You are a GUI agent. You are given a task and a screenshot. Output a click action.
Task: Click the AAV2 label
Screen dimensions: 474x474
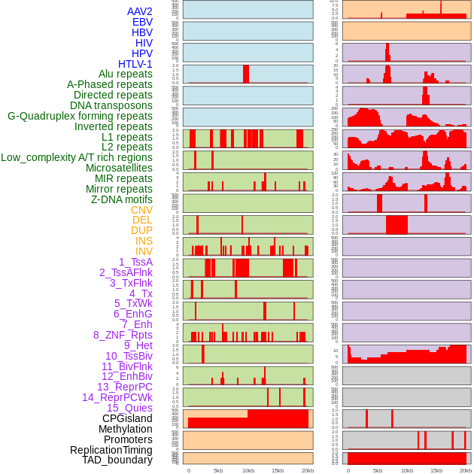tap(140, 11)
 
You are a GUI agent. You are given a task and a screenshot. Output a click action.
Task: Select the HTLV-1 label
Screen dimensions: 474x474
tap(135, 64)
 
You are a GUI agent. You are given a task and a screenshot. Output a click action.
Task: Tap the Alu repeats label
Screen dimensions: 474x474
tap(126, 74)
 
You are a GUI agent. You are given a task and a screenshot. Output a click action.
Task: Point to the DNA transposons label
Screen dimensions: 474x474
tap(111, 105)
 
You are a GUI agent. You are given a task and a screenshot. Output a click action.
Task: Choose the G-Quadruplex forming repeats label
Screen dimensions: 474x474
tap(80, 116)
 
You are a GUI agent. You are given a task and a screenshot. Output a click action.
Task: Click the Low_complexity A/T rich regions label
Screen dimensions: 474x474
tap(77, 157)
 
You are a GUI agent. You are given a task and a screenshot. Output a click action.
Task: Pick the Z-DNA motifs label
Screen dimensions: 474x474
tap(122, 199)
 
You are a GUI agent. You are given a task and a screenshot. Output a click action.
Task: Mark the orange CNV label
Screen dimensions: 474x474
tap(141, 210)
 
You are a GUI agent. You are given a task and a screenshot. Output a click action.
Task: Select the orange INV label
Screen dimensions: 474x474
tap(144, 251)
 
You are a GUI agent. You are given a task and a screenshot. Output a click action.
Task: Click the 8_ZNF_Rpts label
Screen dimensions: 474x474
tap(123, 335)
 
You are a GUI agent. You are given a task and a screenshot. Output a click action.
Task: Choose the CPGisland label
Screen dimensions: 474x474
tap(127, 418)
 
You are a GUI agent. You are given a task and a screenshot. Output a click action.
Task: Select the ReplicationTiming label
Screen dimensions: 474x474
tap(111, 450)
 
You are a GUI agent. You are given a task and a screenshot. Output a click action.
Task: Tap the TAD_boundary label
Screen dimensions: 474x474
tap(117, 460)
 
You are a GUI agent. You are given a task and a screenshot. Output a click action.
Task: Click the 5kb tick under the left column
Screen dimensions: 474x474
tap(218, 470)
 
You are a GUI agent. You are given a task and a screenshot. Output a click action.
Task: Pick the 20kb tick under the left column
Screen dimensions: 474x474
tap(307, 470)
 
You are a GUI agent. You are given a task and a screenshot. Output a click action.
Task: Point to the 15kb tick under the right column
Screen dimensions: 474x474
tap(436, 470)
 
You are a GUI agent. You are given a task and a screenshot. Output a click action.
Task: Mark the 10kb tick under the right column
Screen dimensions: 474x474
tap(407, 470)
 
